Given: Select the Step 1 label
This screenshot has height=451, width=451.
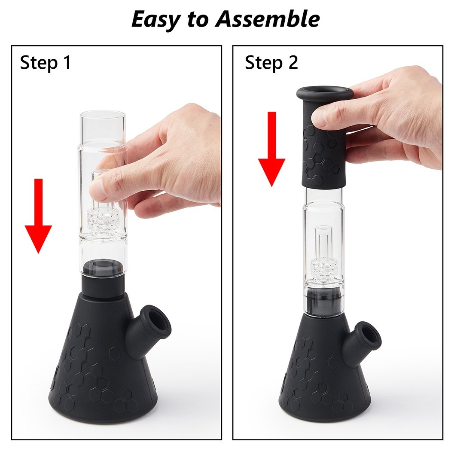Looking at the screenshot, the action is [x=46, y=63].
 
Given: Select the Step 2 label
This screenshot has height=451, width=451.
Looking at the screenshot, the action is [x=271, y=63].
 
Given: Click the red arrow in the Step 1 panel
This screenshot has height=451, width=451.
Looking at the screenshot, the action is [x=38, y=216].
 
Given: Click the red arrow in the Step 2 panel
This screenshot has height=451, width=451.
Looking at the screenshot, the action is [x=271, y=149].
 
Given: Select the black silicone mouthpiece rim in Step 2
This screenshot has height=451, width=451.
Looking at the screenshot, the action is [x=324, y=93].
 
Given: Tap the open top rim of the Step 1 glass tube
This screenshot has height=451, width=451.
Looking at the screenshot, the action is [x=103, y=112].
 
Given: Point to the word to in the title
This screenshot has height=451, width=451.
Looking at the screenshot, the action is [x=198, y=21].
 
